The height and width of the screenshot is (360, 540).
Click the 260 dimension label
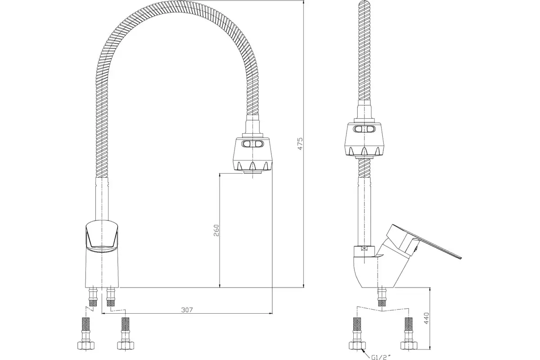coord(216,230)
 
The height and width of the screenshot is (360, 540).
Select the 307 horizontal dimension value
coord(187,310)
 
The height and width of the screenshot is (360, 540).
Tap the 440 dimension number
coord(427,318)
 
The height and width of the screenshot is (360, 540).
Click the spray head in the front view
coord(252,156)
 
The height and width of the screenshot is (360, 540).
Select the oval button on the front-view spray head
coord(252,144)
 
